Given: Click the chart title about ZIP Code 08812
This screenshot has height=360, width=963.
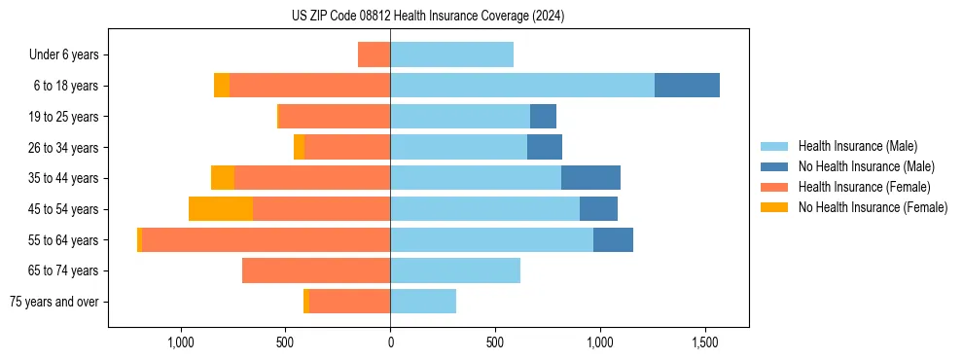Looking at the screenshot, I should (x=428, y=17).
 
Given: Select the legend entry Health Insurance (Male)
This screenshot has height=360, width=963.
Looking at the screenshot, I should (x=857, y=146).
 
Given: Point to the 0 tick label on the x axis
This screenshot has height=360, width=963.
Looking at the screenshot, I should (x=391, y=342).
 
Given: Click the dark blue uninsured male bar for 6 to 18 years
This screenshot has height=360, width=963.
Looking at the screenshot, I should (x=687, y=86).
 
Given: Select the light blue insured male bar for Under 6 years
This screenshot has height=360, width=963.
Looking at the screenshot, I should (x=451, y=54).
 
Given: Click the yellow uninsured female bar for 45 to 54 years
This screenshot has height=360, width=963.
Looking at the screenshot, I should (x=221, y=209).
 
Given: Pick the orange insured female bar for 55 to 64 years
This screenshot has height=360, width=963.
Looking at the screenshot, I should (x=266, y=239).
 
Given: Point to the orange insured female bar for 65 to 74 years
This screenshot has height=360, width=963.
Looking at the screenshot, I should (x=316, y=270).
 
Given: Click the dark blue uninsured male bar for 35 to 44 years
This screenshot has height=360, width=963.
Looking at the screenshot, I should (x=590, y=178).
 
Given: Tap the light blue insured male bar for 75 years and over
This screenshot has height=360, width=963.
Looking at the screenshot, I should (x=423, y=302).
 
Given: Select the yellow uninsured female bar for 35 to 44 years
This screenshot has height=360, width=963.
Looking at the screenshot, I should (x=223, y=178).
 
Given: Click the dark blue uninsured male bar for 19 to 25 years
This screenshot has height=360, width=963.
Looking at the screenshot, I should (x=543, y=117).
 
